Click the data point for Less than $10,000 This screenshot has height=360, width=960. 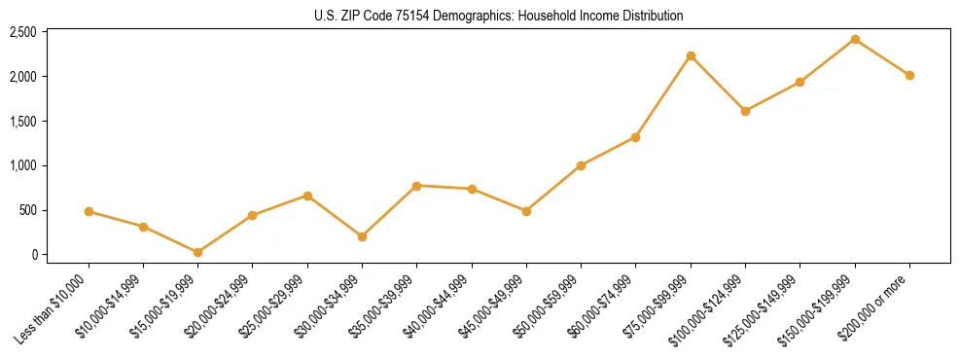click(x=89, y=211)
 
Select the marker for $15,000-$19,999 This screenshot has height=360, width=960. click(x=198, y=252)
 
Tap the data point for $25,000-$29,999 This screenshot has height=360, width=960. click(x=307, y=196)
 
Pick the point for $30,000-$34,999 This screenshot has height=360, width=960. click(x=362, y=236)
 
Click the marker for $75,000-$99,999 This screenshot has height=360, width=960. click(x=691, y=55)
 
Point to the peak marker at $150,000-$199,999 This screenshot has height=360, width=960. click(x=855, y=39)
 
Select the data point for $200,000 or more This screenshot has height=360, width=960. click(x=909, y=75)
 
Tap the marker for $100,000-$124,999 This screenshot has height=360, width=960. click(x=745, y=111)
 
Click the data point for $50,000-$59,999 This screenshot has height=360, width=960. click(x=581, y=165)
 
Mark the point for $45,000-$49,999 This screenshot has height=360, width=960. click(x=526, y=211)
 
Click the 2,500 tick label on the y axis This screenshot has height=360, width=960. click(x=22, y=32)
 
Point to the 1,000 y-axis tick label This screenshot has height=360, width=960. click(x=22, y=165)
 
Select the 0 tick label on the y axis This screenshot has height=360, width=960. click(x=34, y=255)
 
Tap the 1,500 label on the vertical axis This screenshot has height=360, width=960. click(x=22, y=122)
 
